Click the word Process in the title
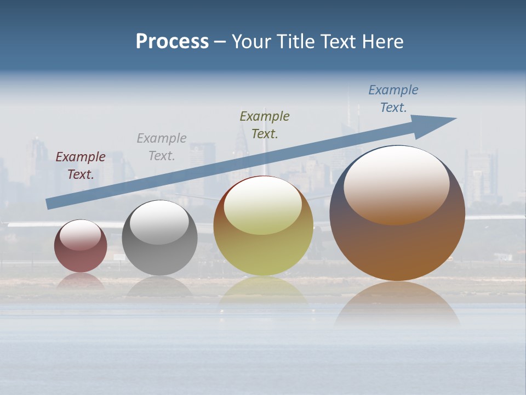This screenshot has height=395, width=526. (x=172, y=42)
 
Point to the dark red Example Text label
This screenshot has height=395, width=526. (x=81, y=166)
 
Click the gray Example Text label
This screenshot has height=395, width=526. (x=162, y=147)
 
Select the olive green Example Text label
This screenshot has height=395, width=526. (x=265, y=125)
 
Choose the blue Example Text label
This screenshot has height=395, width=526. (x=393, y=99)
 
